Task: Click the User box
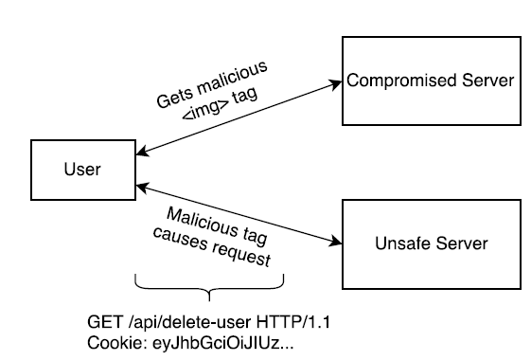pyautogui.click(x=80, y=171)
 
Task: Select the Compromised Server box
pyautogui.click(x=431, y=82)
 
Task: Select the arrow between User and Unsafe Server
pyautogui.click(x=237, y=212)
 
